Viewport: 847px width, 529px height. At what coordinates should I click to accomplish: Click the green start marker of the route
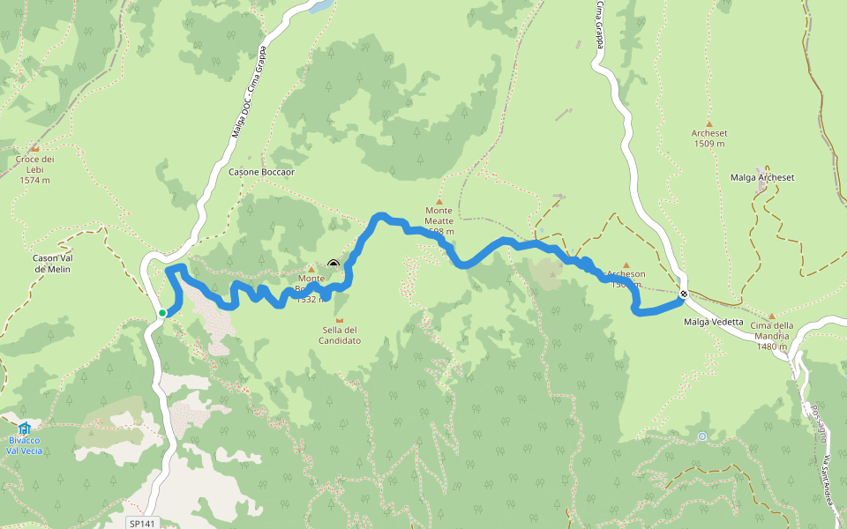coord(162,312)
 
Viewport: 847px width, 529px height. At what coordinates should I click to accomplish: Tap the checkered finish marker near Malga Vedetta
coord(684,294)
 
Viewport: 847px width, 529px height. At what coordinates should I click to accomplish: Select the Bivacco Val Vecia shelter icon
coord(24,428)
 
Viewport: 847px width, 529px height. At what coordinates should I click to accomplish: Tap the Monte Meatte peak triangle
coord(438,202)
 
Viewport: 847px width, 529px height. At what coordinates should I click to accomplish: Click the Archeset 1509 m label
coord(709,138)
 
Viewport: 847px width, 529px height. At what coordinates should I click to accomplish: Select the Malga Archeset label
coord(762,177)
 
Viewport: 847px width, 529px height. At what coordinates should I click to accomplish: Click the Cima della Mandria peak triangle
coord(771,316)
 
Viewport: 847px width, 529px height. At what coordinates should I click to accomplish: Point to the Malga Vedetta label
coord(713,322)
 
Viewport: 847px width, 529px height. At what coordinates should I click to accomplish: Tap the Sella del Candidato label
coord(340,335)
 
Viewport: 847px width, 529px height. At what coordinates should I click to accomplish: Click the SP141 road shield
coord(141,523)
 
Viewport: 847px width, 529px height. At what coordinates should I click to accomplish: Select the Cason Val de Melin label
coord(51,263)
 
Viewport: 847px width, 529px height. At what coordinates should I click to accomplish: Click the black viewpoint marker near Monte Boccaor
coord(334,264)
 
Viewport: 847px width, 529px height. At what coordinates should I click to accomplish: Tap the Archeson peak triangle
coord(626,264)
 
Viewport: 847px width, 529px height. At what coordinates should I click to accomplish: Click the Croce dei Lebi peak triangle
coord(34,149)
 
